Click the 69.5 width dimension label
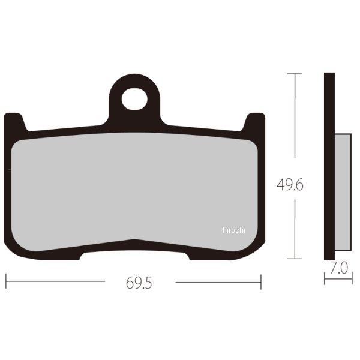139,283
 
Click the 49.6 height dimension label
290,185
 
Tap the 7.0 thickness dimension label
339,268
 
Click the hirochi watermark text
234,230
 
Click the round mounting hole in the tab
134,99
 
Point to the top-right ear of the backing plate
254,122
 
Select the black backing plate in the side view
329,166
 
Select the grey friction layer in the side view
343,192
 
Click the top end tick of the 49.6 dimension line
295,74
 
